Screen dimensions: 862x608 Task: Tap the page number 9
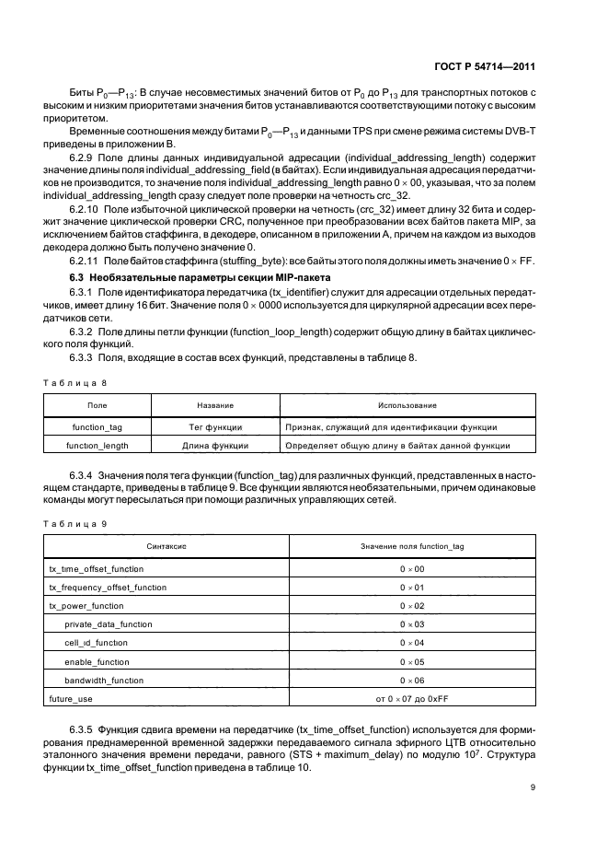click(x=534, y=786)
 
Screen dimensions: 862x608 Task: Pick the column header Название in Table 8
click(x=215, y=405)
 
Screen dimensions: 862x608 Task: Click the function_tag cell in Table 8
click(x=97, y=426)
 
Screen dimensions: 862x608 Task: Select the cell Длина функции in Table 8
click(x=215, y=445)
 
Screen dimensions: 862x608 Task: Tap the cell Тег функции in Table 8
click(x=215, y=426)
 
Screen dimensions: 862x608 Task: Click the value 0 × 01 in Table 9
click(x=411, y=588)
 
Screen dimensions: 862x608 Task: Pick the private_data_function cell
click(x=108, y=624)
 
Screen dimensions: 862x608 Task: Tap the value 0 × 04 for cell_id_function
click(x=411, y=643)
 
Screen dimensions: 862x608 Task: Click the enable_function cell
click(x=97, y=661)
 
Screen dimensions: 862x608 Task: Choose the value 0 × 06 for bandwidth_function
click(x=411, y=681)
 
